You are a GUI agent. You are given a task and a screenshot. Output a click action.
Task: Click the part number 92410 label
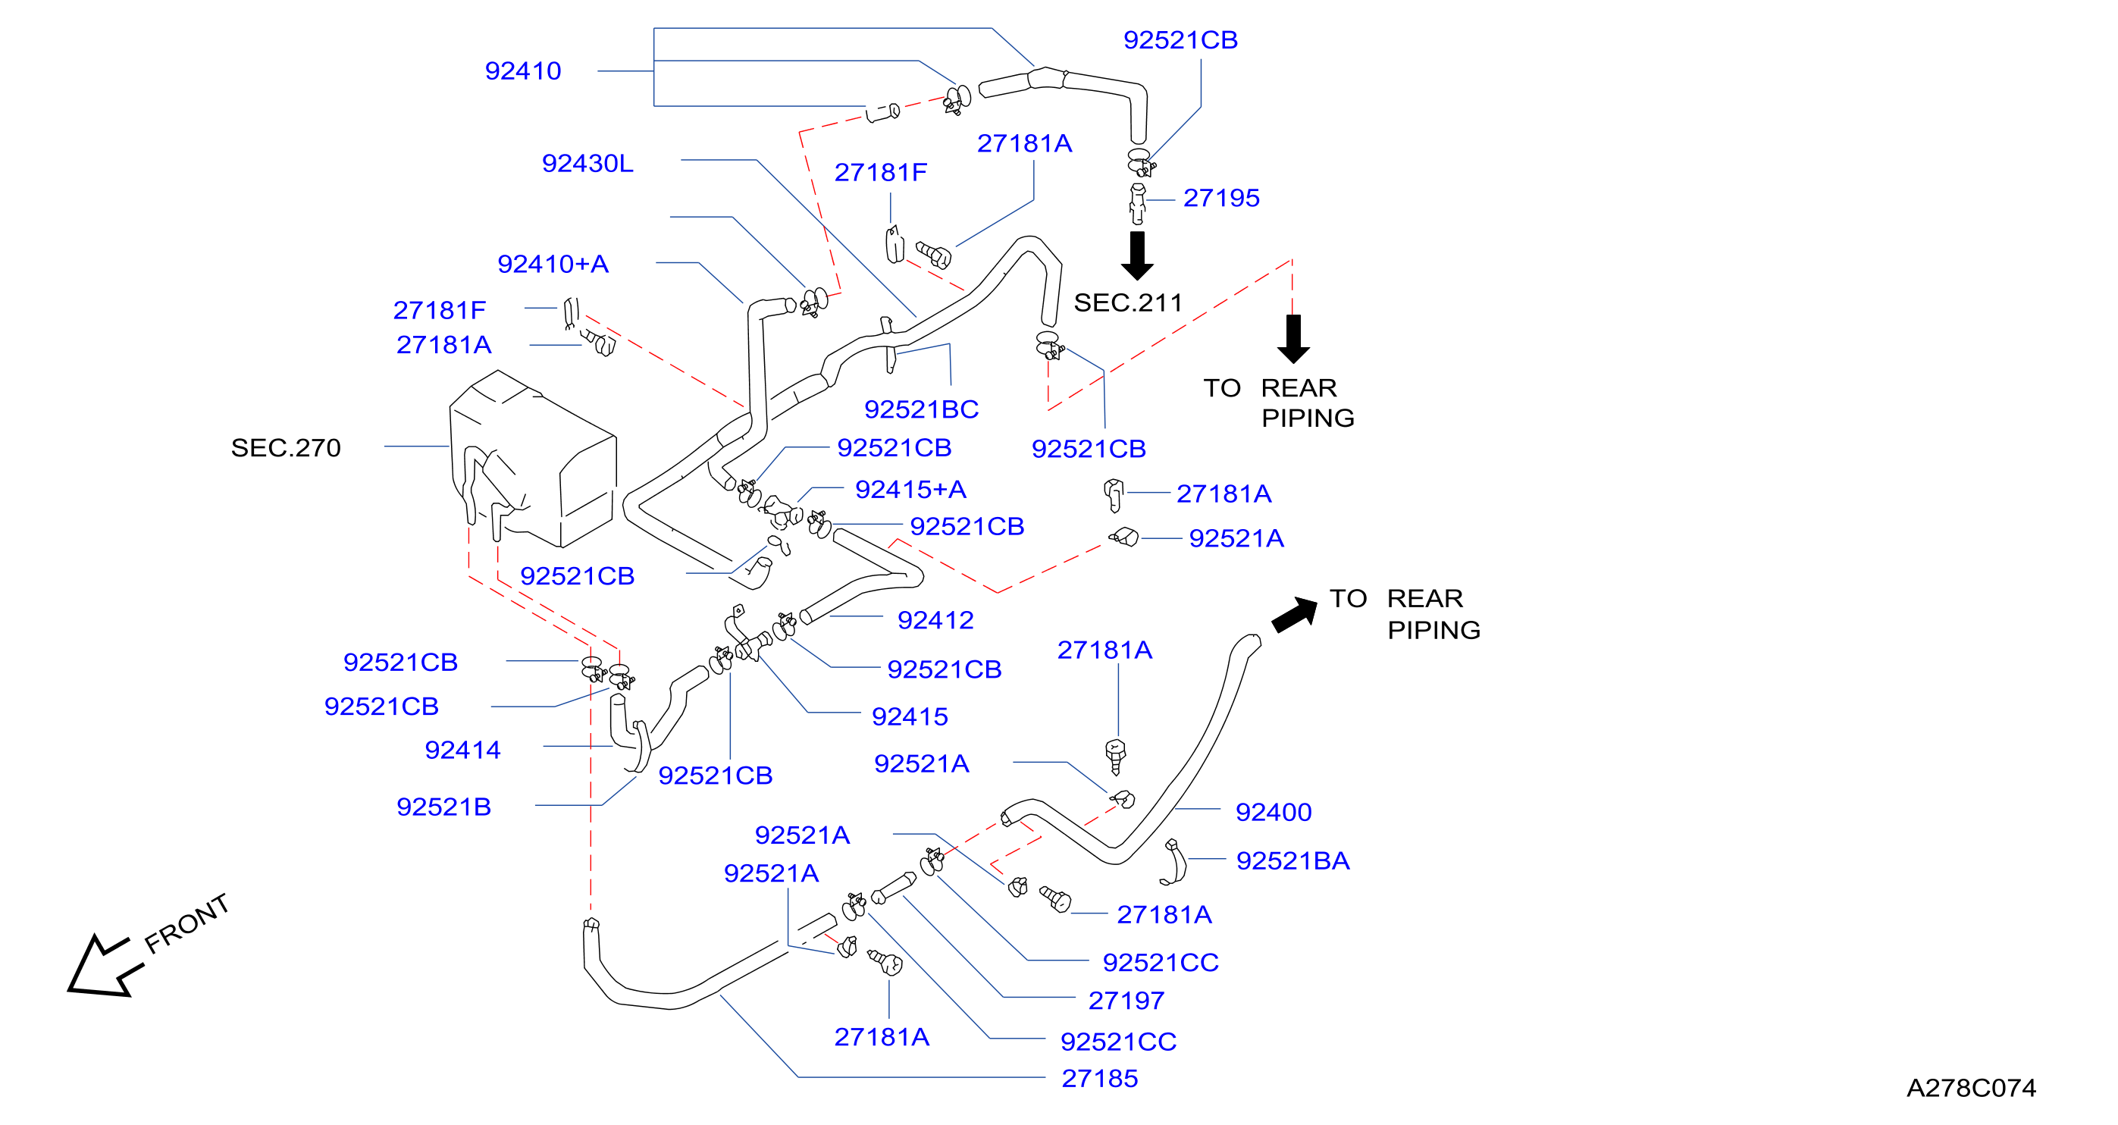pos(523,71)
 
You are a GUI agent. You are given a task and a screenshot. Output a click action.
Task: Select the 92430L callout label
pos(588,164)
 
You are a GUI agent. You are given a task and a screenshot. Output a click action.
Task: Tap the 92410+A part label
pos(553,264)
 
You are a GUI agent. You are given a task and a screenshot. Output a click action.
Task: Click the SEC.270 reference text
pos(285,448)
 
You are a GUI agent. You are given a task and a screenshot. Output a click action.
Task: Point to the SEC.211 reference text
pos(1128,302)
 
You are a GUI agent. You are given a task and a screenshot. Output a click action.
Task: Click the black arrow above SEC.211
pos(1137,255)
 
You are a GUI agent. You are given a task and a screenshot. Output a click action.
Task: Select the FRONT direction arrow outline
pos(105,966)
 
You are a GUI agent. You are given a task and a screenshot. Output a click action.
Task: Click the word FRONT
pos(186,923)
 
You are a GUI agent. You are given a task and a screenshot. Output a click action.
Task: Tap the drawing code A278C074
pos(1972,1088)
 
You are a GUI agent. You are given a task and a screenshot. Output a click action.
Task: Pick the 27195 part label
pos(1222,198)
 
